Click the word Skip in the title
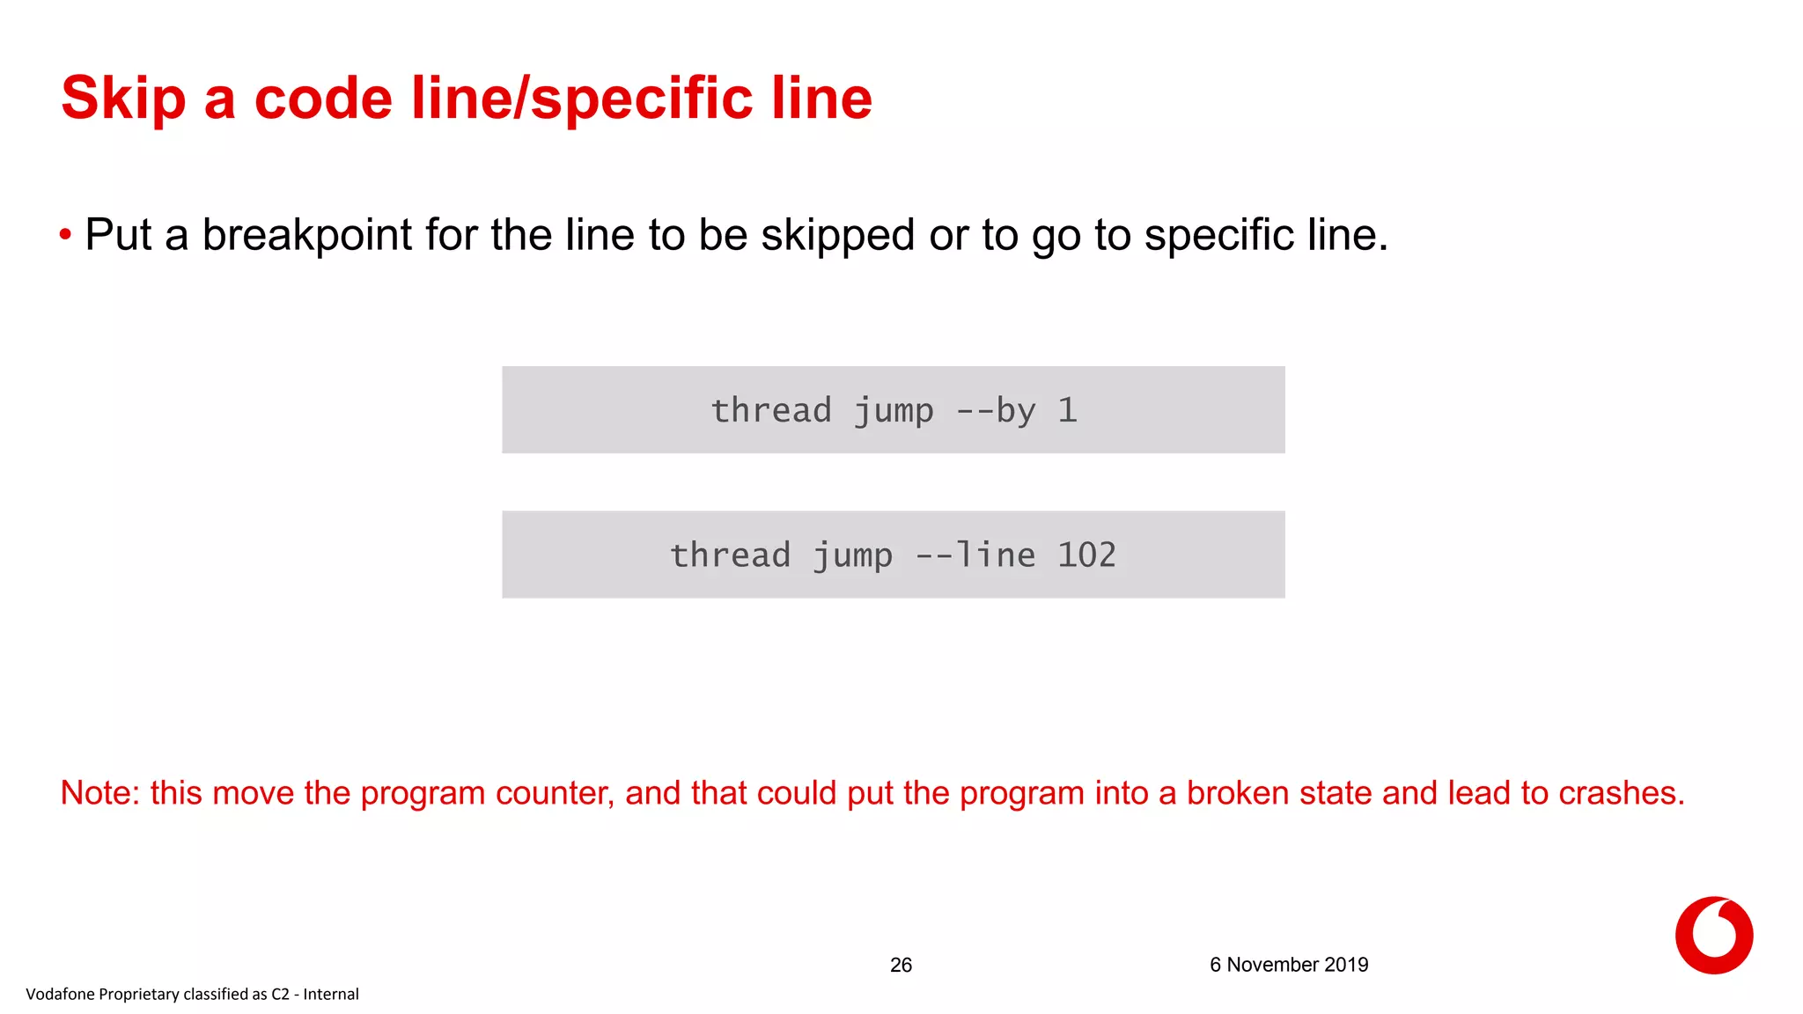point(123,99)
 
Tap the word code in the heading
point(323,99)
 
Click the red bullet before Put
point(65,235)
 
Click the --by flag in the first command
point(995,411)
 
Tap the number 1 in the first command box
point(1067,411)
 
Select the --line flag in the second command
point(975,555)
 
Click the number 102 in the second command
point(1086,555)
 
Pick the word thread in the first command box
point(770,411)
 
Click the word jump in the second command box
point(852,555)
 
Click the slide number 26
point(901,966)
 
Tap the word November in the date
point(1273,965)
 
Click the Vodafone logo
point(1713,936)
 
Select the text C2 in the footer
point(280,995)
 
